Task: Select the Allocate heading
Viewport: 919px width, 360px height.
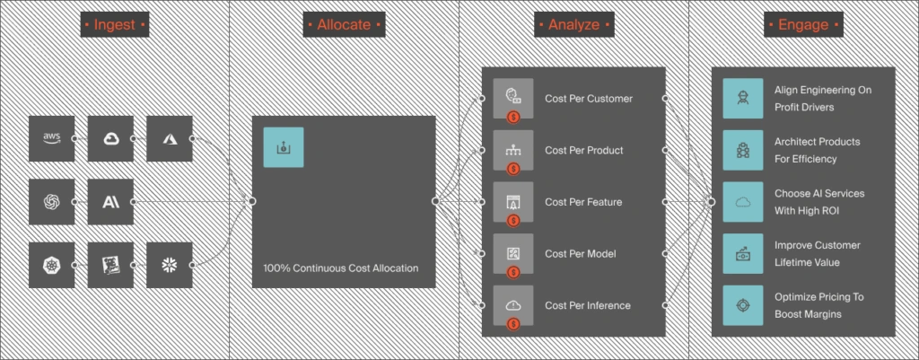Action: click(x=344, y=24)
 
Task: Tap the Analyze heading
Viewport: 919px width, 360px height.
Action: click(x=573, y=24)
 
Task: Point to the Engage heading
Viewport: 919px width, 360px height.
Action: click(x=803, y=24)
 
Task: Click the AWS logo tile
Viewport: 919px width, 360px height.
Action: click(x=52, y=139)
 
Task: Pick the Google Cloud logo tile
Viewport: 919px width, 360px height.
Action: click(x=111, y=139)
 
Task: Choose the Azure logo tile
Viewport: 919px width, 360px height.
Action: click(x=171, y=139)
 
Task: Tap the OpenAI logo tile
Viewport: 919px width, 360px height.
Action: click(x=52, y=201)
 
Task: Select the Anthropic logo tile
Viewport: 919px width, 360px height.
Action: click(x=111, y=201)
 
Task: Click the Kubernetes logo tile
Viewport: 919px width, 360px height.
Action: click(x=52, y=265)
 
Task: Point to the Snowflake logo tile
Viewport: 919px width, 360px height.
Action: click(x=171, y=265)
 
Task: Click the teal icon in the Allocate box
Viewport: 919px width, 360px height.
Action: click(x=284, y=147)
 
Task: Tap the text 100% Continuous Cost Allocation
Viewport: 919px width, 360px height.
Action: click(x=340, y=268)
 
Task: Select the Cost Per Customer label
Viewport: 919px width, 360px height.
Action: click(x=588, y=99)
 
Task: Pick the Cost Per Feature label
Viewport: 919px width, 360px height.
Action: click(x=583, y=202)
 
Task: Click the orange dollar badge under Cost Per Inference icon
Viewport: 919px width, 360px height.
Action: click(x=513, y=324)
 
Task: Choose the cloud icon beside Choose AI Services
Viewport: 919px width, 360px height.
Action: click(x=742, y=202)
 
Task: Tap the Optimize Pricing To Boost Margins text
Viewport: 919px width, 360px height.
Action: click(x=818, y=305)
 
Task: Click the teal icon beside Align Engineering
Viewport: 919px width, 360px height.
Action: click(x=742, y=99)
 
